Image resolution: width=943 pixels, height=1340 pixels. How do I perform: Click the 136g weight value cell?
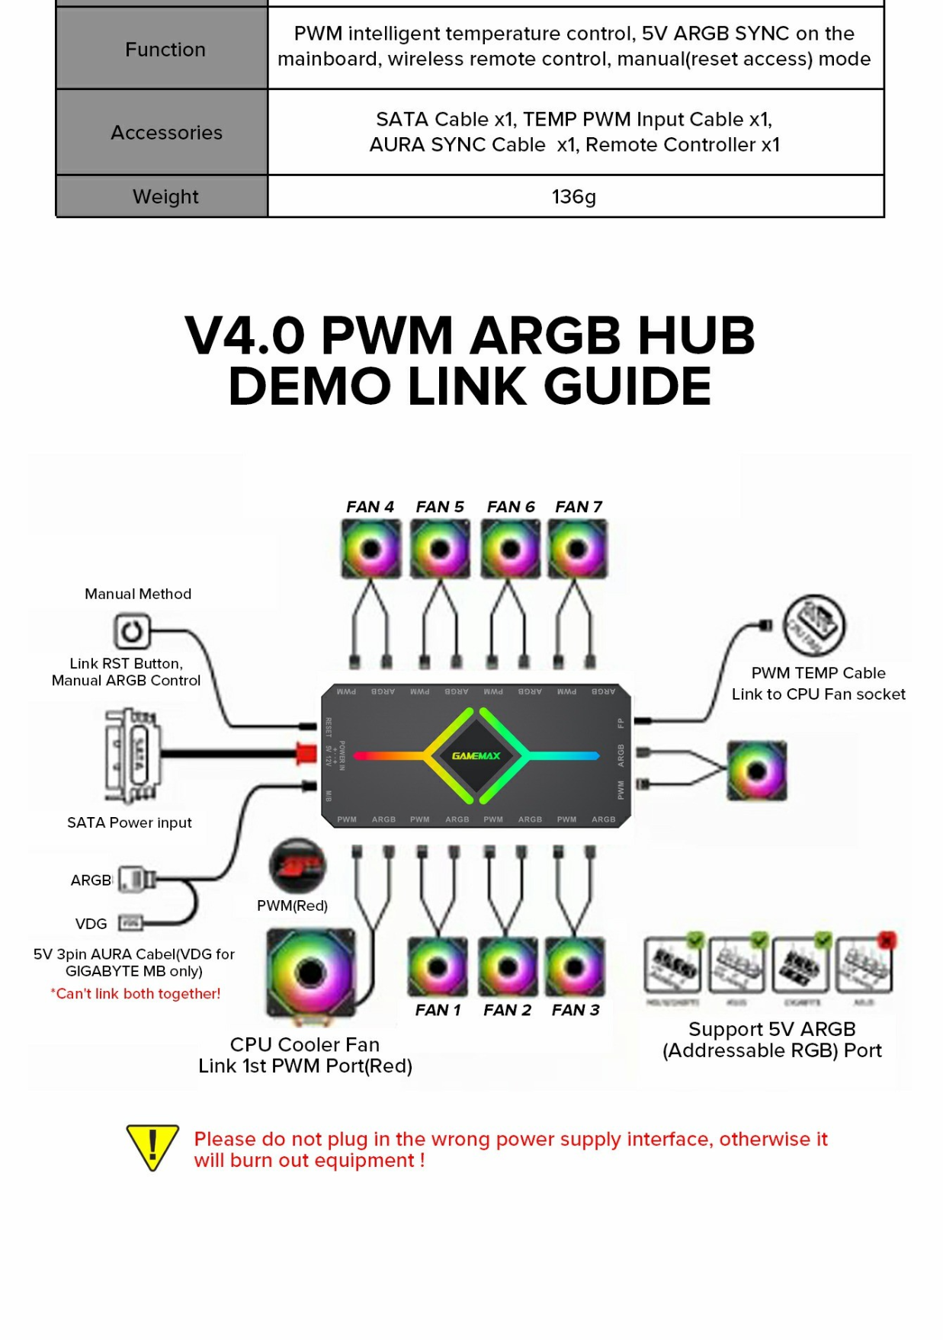click(x=574, y=197)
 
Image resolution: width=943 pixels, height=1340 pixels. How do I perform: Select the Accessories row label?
click(x=166, y=133)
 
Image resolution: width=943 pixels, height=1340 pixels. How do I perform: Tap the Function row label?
click(x=165, y=50)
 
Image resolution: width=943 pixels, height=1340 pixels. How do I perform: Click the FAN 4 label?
click(x=370, y=507)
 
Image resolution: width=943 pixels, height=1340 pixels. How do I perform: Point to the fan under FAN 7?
click(x=578, y=549)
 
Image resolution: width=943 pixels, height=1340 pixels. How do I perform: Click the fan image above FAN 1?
click(x=437, y=967)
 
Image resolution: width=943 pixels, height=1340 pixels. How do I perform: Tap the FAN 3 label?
click(x=576, y=1010)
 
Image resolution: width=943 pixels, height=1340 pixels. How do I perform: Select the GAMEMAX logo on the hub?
click(x=476, y=756)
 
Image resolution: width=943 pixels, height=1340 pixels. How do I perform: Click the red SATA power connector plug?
click(x=306, y=754)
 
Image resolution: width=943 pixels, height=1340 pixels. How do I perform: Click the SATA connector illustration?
click(x=133, y=755)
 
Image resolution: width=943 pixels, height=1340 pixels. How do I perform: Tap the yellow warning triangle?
click(x=152, y=1146)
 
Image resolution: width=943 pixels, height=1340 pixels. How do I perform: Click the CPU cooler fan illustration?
click(x=310, y=973)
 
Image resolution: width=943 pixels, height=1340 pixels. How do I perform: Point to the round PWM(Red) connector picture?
click(x=297, y=867)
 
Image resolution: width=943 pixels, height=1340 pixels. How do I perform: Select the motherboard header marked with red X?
click(x=864, y=965)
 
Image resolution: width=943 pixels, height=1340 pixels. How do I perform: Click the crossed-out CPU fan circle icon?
click(x=814, y=626)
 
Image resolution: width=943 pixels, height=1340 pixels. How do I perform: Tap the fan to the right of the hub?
click(x=756, y=771)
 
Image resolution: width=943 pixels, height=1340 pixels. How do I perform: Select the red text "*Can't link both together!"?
click(x=136, y=994)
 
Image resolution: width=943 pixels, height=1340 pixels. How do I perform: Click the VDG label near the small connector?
click(x=91, y=924)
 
